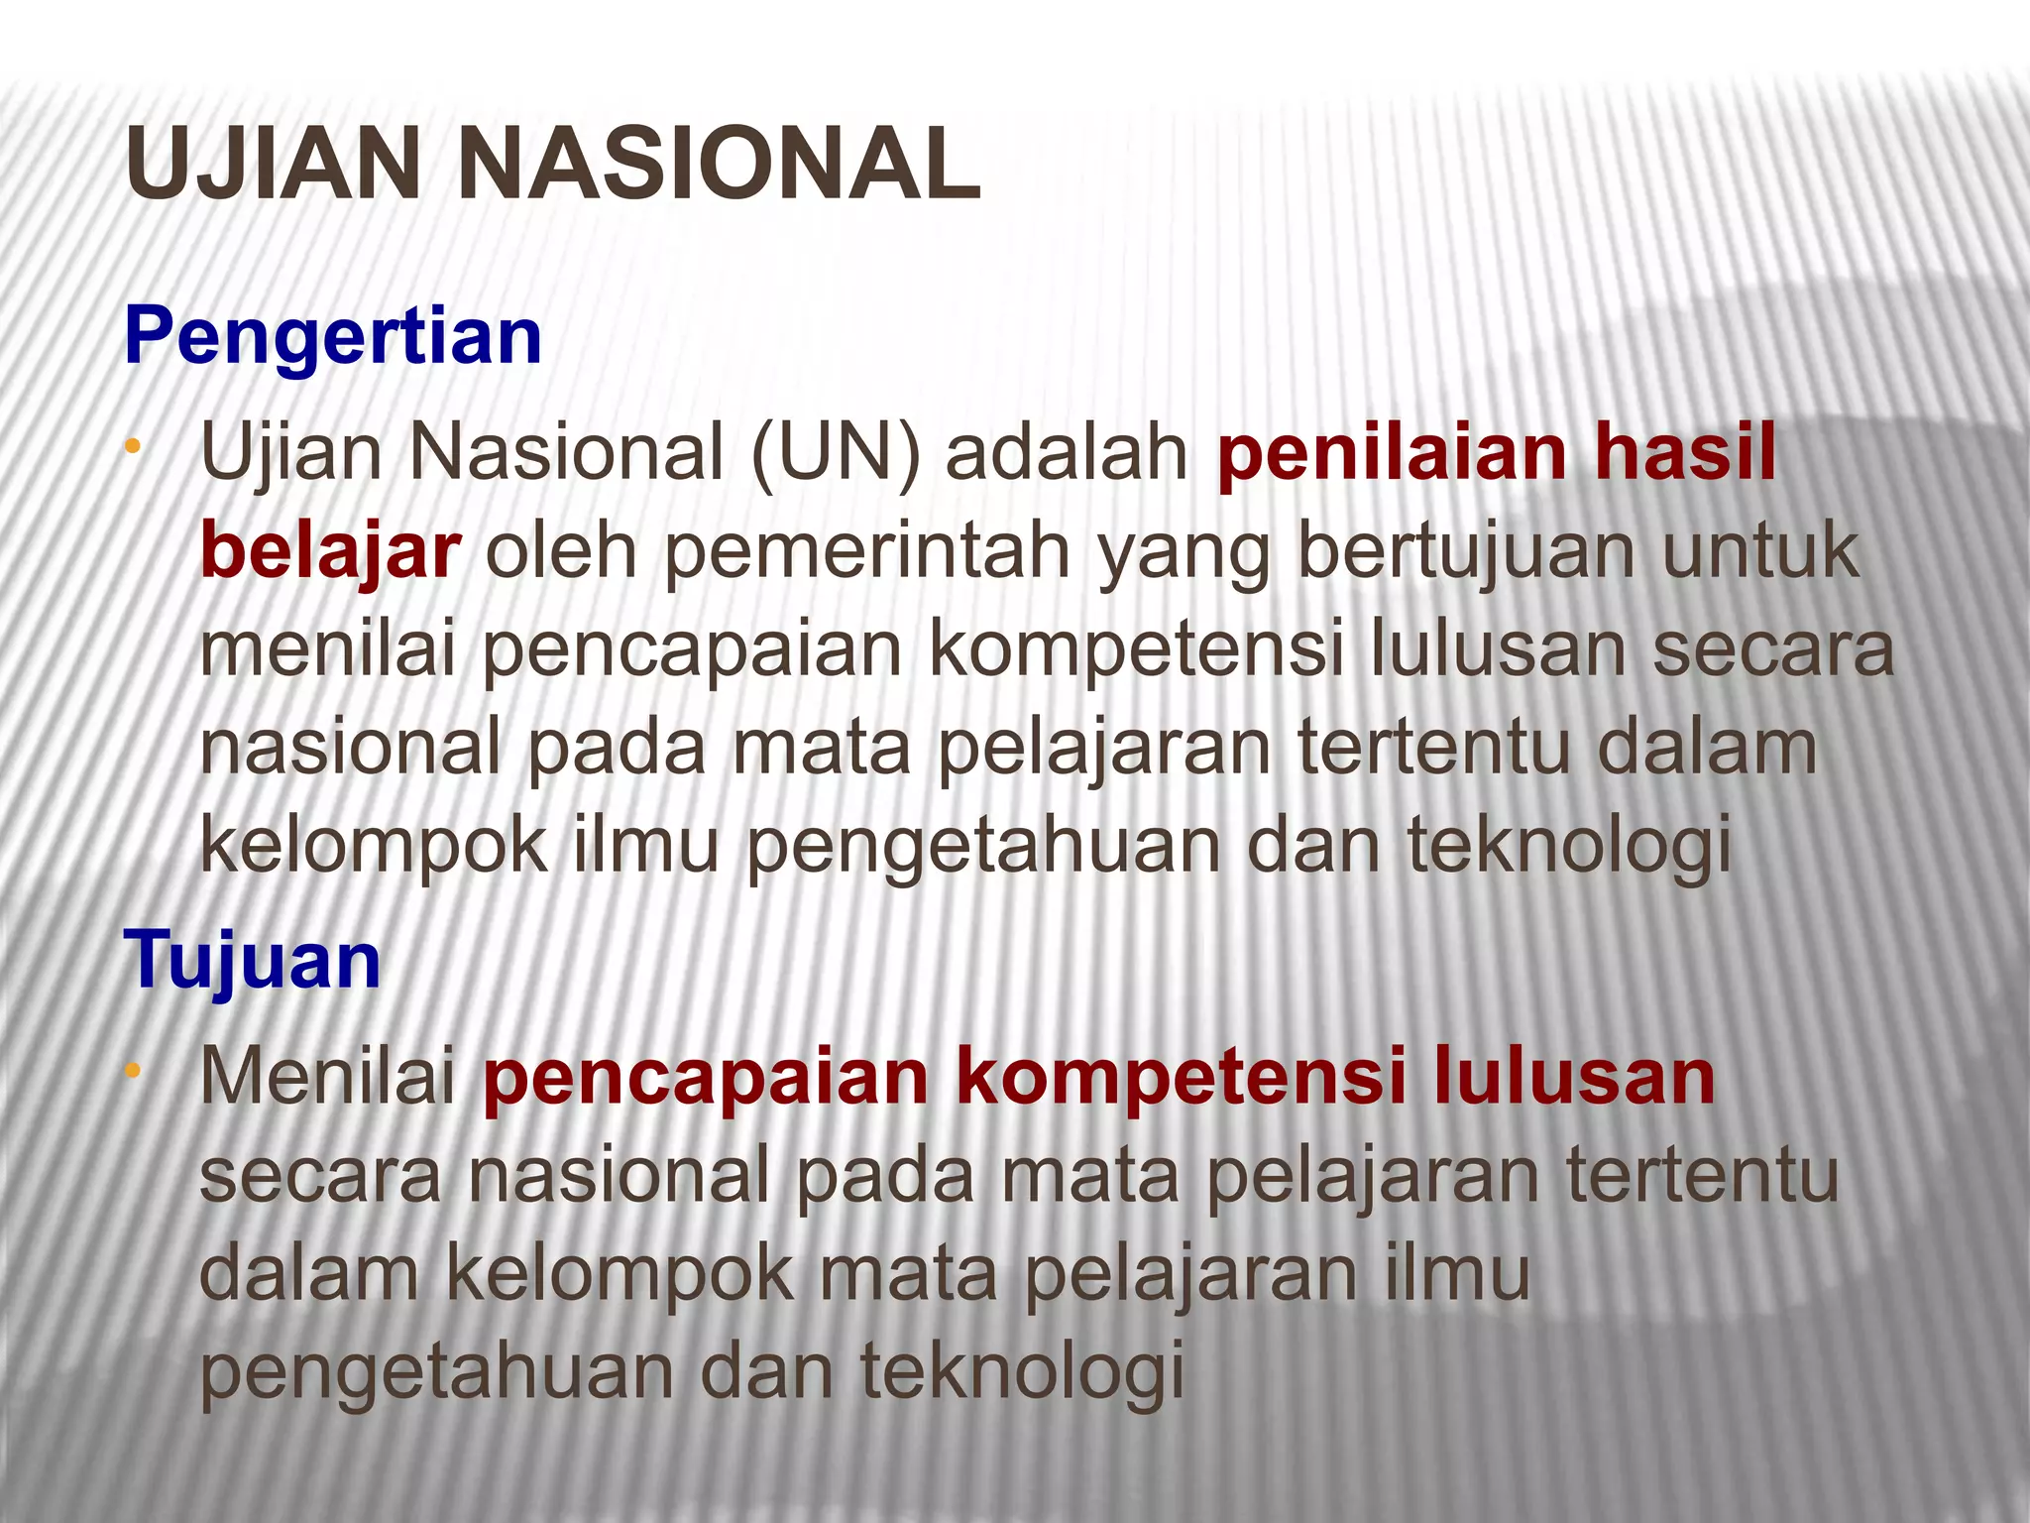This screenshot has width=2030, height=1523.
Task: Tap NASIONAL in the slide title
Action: click(718, 164)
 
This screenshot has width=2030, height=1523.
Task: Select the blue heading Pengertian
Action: click(333, 337)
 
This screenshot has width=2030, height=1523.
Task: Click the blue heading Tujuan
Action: click(253, 960)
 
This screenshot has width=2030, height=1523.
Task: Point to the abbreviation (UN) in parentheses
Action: click(836, 453)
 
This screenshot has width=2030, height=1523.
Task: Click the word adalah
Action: click(1067, 453)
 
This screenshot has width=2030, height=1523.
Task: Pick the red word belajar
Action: click(330, 551)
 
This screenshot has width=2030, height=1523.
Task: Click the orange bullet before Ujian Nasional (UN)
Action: click(132, 448)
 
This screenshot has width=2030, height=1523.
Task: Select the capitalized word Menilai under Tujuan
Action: click(328, 1077)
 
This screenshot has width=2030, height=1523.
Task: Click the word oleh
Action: click(560, 551)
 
